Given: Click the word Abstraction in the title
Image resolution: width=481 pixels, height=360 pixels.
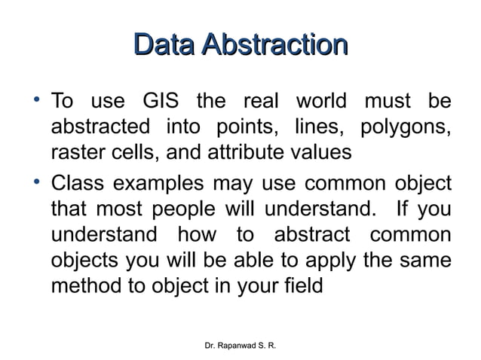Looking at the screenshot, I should [x=275, y=41].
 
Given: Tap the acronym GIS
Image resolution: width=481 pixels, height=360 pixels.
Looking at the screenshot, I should [x=160, y=102].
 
